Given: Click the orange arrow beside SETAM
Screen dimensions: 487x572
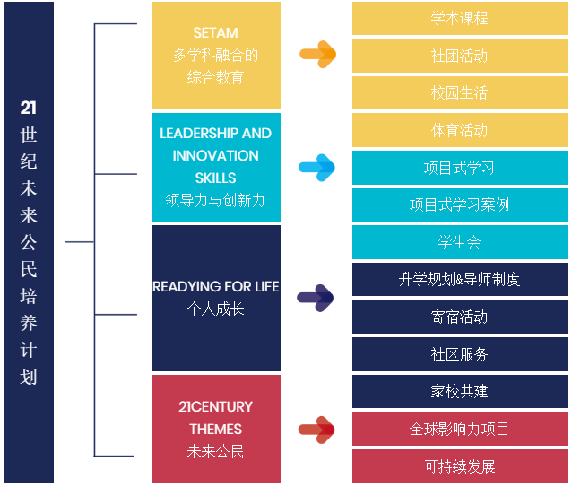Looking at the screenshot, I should tap(317, 55).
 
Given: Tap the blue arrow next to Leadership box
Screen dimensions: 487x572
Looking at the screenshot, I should tap(316, 167).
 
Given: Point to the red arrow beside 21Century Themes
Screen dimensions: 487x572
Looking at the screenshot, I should tap(316, 430).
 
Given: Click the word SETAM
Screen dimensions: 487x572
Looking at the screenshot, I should tap(215, 33).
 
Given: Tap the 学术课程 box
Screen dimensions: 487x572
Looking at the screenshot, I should tap(459, 18).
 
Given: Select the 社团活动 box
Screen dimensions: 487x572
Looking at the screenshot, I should tap(459, 56).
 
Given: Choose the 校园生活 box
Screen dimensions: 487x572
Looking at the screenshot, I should tap(459, 93).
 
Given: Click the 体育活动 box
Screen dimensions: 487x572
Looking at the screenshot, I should tap(459, 131).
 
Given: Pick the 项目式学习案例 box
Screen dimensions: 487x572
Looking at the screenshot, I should tap(459, 204).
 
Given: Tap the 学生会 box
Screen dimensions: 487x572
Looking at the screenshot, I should tap(459, 242).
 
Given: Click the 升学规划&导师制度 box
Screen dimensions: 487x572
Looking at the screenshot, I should tap(459, 280).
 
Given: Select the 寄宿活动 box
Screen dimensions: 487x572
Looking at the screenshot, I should tap(459, 317).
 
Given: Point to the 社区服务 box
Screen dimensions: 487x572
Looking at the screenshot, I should tap(459, 354).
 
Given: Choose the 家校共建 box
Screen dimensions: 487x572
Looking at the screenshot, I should tap(459, 392).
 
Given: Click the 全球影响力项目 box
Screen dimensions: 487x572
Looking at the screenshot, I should tap(459, 430).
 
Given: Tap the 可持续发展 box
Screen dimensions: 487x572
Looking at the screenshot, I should tap(459, 466).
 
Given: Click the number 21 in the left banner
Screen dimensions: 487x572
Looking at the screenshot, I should tap(29, 109).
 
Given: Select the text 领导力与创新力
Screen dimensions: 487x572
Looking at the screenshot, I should tap(215, 200).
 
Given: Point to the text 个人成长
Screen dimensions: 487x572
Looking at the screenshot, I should tap(215, 309).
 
